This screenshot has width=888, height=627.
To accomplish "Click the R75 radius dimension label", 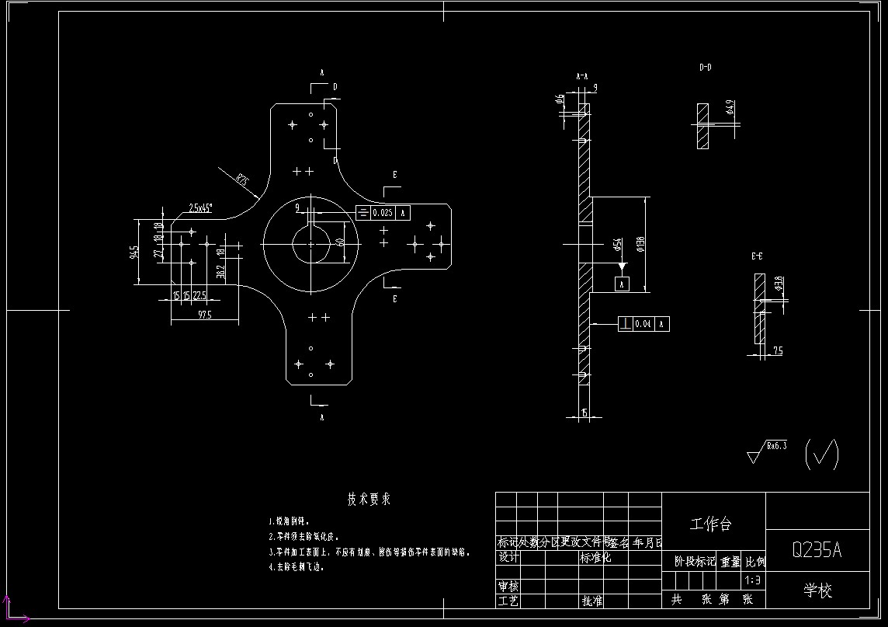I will tap(243, 181).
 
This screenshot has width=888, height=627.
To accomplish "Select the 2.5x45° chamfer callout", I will tap(200, 208).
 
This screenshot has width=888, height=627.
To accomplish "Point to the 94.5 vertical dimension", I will tap(135, 253).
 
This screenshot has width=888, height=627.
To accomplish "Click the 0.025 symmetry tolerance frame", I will tap(383, 212).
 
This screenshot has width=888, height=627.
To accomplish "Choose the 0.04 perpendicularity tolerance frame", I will tap(643, 323).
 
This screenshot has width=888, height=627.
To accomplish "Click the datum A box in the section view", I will tap(621, 285).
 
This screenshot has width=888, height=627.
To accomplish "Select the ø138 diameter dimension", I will tap(640, 245).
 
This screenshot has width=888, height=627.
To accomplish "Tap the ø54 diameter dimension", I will tap(618, 245).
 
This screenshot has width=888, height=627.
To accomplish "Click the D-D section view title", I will tap(705, 68).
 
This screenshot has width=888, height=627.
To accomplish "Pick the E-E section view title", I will tap(756, 256).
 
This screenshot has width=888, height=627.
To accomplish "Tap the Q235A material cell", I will tap(817, 550).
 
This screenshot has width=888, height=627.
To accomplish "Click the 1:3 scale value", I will tap(752, 580).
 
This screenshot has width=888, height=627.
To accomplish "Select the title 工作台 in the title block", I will tap(711, 524).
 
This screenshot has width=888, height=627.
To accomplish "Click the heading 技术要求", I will tap(368, 500).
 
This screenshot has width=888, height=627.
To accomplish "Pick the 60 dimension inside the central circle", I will tap(340, 242).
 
